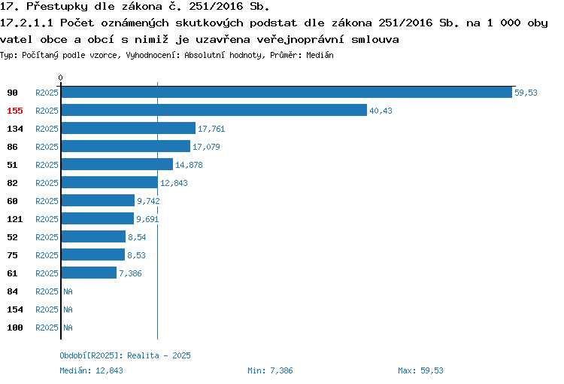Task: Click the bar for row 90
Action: pyautogui.click(x=287, y=92)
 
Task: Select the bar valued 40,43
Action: pyautogui.click(x=214, y=110)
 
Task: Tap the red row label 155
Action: pyautogui.click(x=15, y=111)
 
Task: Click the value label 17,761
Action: pyautogui.click(x=211, y=129)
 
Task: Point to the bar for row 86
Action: pyautogui.click(x=126, y=146)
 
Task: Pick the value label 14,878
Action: pyautogui.click(x=189, y=165)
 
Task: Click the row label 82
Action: pyautogui.click(x=12, y=183)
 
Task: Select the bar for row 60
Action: pyautogui.click(x=98, y=200)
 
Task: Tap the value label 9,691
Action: pyautogui.click(x=147, y=219)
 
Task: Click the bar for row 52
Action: pyautogui.click(x=93, y=236)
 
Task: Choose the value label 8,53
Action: pyautogui.click(x=136, y=255)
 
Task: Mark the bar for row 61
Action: pyautogui.click(x=89, y=273)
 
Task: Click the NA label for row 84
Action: pyautogui.click(x=68, y=291)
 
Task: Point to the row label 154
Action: pyautogui.click(x=15, y=309)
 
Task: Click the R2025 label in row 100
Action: pyautogui.click(x=47, y=328)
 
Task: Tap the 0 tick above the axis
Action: pyautogui.click(x=60, y=78)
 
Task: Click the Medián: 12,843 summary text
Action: pyautogui.click(x=91, y=370)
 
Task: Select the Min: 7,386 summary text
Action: pyautogui.click(x=270, y=370)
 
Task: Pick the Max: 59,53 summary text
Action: pyautogui.click(x=420, y=370)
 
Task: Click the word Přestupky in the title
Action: pyautogui.click(x=57, y=7)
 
